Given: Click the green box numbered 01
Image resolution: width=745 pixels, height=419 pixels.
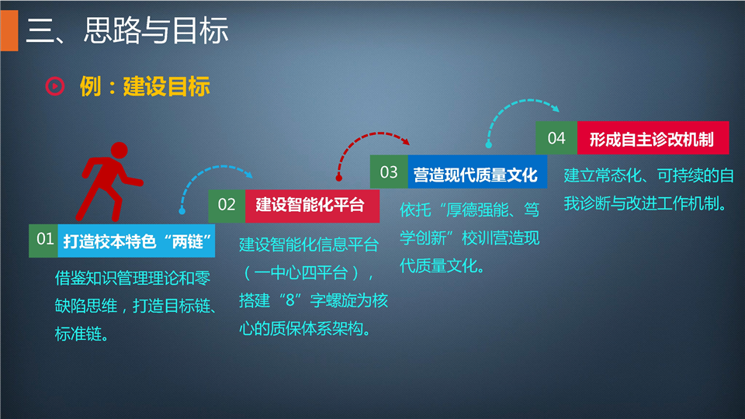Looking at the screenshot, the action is [x=43, y=241].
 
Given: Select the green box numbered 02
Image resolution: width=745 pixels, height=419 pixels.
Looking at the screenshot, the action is [x=227, y=206].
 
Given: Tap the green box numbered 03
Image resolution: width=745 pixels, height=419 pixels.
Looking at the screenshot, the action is [x=389, y=171].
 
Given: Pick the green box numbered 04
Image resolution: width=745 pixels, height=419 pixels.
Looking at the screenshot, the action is [x=556, y=138].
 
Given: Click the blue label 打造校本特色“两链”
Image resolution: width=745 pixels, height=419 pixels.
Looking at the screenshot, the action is [x=137, y=241].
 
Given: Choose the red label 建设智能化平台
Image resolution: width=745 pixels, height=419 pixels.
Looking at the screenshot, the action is [x=312, y=206].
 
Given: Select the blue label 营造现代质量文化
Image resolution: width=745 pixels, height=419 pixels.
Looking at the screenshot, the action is [x=477, y=171].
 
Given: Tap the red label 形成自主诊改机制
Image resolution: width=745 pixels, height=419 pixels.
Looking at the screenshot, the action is [x=653, y=138].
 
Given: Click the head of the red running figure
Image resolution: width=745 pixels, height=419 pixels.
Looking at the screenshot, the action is [x=119, y=151].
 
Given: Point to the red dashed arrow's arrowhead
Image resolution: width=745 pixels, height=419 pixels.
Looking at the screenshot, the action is [x=405, y=140].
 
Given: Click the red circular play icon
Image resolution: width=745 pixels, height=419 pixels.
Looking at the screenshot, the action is [x=54, y=86].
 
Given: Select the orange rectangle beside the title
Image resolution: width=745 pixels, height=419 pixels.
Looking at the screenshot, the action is [x=9, y=30].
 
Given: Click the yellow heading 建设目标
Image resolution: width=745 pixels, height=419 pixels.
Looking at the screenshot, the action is [x=166, y=86].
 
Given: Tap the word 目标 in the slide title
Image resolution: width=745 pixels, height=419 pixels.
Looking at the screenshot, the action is [x=200, y=30].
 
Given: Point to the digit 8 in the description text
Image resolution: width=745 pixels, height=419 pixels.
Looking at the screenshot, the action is [x=290, y=300].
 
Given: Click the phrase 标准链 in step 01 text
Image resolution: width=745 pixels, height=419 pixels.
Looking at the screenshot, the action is [x=78, y=334].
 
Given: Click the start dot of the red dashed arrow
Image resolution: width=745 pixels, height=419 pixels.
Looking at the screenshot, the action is [x=339, y=178].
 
